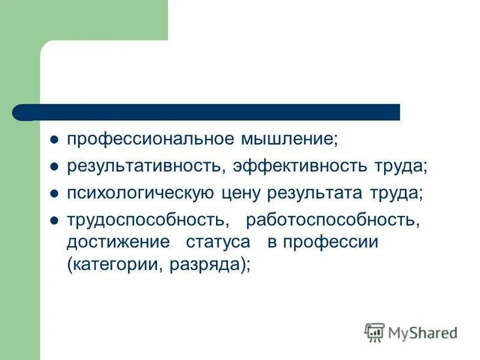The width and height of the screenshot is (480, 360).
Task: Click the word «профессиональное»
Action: click(x=151, y=139)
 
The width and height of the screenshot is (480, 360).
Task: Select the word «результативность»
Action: click(x=144, y=166)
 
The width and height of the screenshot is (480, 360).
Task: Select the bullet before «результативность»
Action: click(x=54, y=167)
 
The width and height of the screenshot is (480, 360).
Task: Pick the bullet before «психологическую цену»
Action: click(x=54, y=194)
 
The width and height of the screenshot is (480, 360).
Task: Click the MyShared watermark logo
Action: click(x=411, y=332)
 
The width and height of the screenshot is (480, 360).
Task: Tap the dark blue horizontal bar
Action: click(x=216, y=112)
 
